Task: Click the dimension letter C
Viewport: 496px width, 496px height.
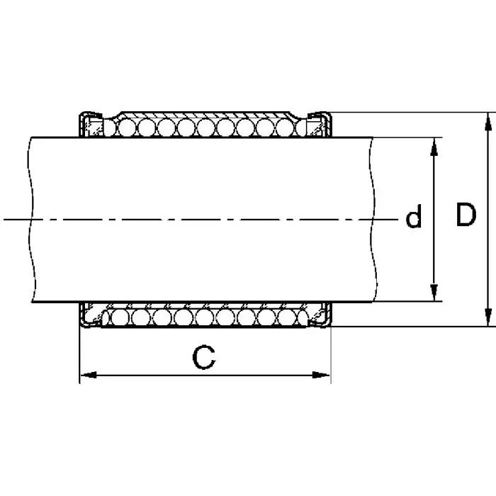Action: click(204, 358)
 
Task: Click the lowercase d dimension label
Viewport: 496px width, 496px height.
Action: click(413, 218)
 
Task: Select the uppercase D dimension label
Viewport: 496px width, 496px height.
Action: click(465, 215)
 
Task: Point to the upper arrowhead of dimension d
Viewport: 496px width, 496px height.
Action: click(434, 144)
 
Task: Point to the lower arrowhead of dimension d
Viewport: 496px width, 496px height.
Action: click(434, 295)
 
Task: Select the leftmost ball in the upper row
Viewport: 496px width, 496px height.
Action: click(108, 128)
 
